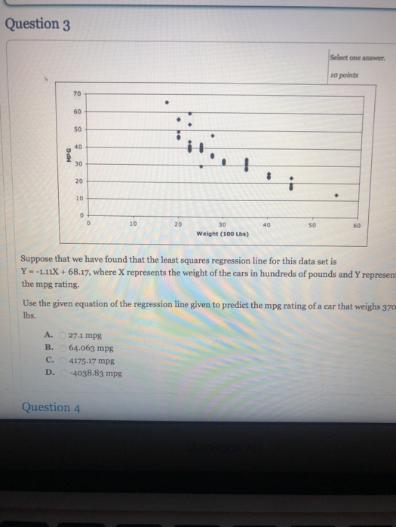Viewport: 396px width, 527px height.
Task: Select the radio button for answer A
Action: click(x=63, y=337)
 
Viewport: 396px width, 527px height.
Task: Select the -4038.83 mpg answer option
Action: click(x=94, y=373)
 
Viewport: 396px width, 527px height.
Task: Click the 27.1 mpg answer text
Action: click(x=85, y=337)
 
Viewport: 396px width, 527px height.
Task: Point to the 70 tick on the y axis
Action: click(x=76, y=94)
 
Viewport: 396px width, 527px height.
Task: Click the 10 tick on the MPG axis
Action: click(x=76, y=198)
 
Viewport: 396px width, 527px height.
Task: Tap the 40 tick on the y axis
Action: click(x=76, y=146)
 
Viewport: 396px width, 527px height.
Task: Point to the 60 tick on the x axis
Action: click(x=357, y=224)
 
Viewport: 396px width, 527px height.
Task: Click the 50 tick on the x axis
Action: click(x=312, y=224)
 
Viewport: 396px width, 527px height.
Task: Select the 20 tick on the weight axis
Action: click(x=178, y=224)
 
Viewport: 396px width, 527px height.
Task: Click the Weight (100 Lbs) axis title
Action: click(x=223, y=233)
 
